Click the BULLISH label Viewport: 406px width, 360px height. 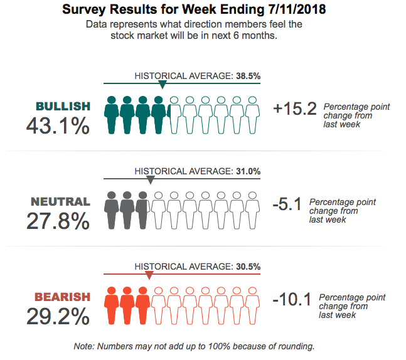click(x=63, y=106)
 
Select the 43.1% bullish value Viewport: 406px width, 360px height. click(x=58, y=126)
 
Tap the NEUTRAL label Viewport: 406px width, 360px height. click(x=60, y=202)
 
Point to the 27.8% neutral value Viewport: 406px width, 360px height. click(x=58, y=221)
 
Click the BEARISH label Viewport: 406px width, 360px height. click(x=62, y=297)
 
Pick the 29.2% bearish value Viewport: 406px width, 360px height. click(x=58, y=317)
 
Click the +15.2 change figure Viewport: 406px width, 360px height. click(x=294, y=110)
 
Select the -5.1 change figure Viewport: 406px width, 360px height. click(x=288, y=204)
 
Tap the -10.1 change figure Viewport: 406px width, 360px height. click(x=292, y=300)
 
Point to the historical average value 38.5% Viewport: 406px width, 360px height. click(x=248, y=76)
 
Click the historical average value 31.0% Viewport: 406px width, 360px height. click(x=248, y=171)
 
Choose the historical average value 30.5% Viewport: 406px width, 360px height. click(x=248, y=267)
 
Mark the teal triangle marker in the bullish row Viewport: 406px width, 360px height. click(x=163, y=85)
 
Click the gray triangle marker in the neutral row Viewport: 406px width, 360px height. click(x=150, y=180)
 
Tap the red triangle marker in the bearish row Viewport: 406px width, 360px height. click(x=149, y=275)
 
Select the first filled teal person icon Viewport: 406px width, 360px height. click(x=112, y=115)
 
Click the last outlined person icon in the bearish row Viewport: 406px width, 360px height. click(x=252, y=306)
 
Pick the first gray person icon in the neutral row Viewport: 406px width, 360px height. click(x=112, y=210)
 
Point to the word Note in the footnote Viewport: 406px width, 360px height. click(x=83, y=346)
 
